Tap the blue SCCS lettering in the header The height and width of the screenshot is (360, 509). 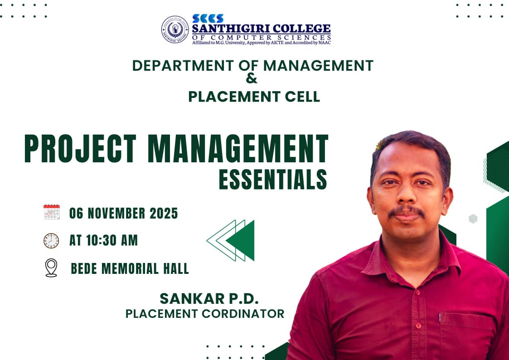click(x=208, y=18)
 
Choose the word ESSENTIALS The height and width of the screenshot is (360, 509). click(x=273, y=180)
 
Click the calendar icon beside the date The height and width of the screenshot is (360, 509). click(x=52, y=212)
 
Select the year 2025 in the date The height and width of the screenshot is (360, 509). click(x=161, y=213)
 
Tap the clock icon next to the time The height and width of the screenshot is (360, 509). click(x=51, y=240)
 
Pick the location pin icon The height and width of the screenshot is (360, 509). click(x=51, y=268)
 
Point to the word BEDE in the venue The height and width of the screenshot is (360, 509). click(x=84, y=268)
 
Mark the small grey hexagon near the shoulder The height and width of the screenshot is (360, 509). click(x=473, y=219)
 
